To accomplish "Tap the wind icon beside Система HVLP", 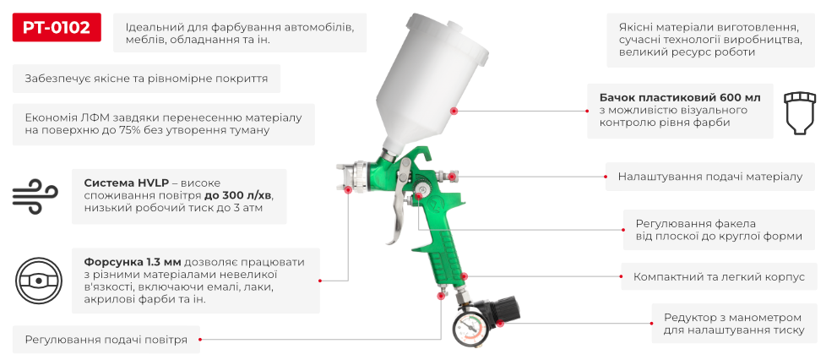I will tap(33, 195).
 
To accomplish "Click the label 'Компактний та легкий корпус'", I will tap(719, 277).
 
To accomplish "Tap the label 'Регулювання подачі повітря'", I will tap(106, 341).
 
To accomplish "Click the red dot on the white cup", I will tap(454, 111).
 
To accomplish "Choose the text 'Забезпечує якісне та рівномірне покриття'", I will tap(146, 79).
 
